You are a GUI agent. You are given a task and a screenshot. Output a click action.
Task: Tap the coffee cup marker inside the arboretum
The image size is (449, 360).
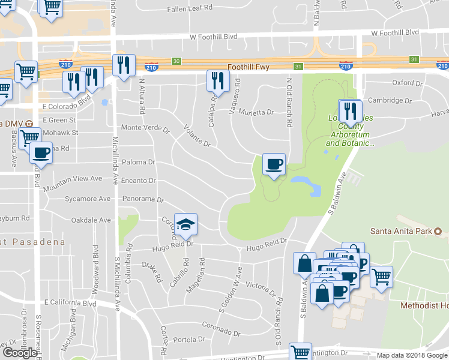274,164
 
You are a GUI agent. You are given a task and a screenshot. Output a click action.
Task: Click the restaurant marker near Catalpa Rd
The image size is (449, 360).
217,80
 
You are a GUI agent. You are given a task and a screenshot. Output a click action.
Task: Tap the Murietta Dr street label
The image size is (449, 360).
258,112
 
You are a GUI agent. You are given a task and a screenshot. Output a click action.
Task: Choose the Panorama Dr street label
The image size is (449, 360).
142,199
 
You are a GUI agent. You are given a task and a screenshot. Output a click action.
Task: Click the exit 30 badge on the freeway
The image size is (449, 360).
175,61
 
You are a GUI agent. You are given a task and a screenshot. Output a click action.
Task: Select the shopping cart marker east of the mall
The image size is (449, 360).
381,277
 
